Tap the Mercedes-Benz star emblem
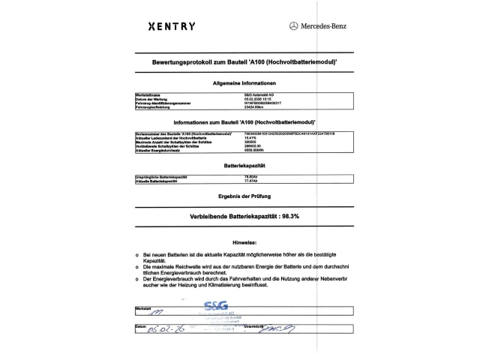click(x=293, y=26)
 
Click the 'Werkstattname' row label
click(x=149, y=94)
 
